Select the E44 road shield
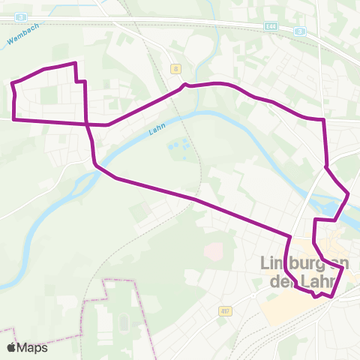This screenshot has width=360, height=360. (x=271, y=26)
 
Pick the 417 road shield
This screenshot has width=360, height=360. (x=224, y=310)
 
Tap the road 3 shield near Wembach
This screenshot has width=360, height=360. (x=22, y=16)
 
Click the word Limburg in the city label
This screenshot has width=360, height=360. (x=289, y=264)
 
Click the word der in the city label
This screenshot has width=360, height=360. (x=280, y=283)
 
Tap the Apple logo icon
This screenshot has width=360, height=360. (x=10, y=347)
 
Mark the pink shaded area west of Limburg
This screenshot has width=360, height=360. (x=214, y=251)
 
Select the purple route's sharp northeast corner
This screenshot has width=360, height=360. (x=323, y=119)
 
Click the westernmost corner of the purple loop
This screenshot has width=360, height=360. (x=12, y=84)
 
